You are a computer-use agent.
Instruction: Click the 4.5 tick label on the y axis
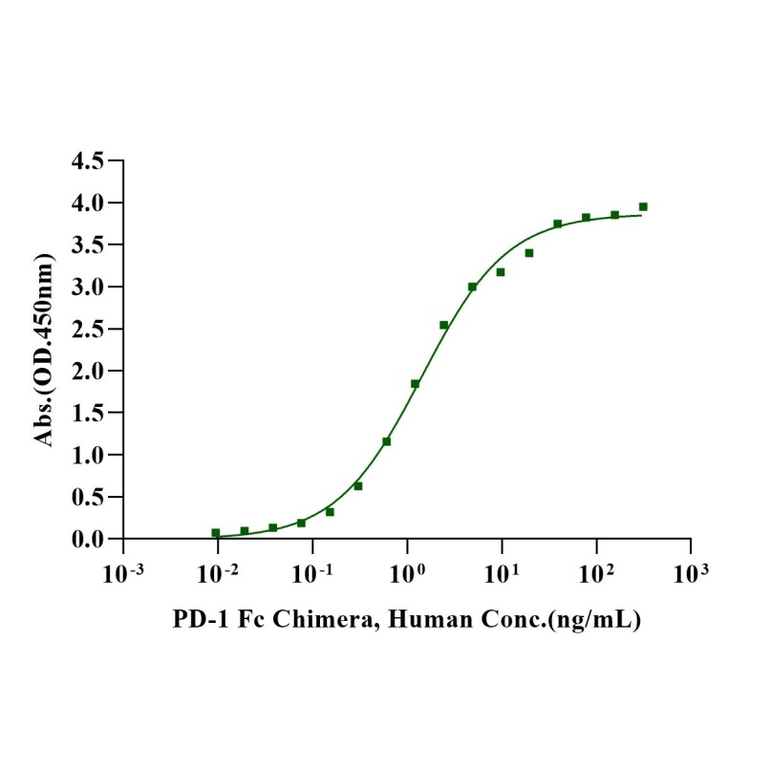90,160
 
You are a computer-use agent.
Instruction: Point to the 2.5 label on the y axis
90,329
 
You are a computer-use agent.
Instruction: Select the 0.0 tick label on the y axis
90,539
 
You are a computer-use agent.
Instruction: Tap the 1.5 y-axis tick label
90,413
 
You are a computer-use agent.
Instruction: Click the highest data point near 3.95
643,206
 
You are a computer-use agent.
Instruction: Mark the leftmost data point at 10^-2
216,533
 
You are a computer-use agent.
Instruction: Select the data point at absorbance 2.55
443,325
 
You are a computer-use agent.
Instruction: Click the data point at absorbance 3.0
472,287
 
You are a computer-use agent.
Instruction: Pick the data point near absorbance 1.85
415,384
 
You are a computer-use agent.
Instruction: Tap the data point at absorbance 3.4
528,253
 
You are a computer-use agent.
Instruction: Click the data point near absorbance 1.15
386,441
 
